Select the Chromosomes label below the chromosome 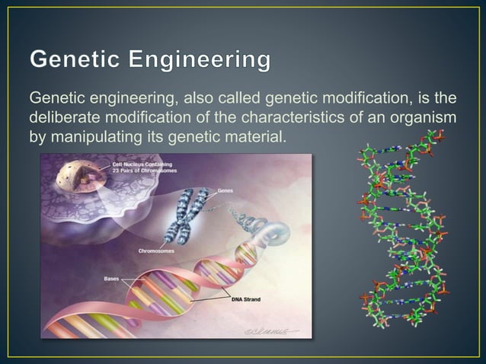tap(155, 250)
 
